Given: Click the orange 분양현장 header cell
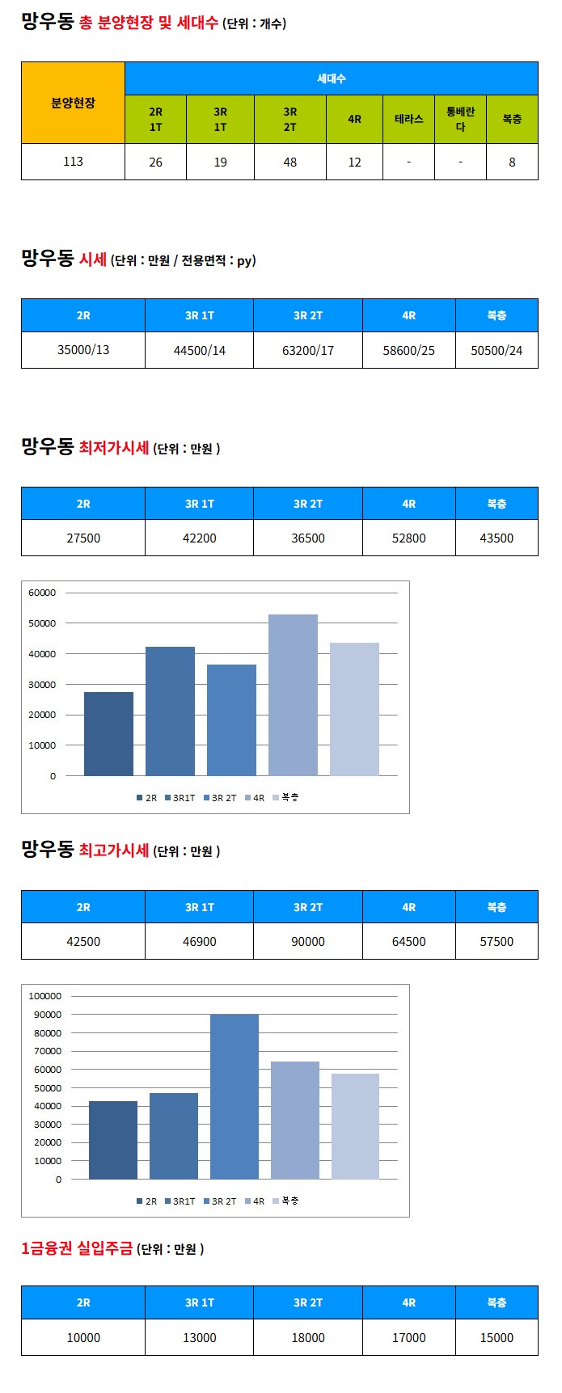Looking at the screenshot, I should point(73,103).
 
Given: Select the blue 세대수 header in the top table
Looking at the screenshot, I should point(331,78).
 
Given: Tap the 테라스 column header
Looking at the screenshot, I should point(408,119).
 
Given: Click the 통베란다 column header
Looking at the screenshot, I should point(460,119).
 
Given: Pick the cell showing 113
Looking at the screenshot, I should point(73,162).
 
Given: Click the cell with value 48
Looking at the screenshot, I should point(289,162).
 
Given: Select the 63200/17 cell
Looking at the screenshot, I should point(307,350).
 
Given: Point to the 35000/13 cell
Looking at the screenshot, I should point(83,350).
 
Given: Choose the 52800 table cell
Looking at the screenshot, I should point(408,538).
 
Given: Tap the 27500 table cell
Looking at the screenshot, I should point(83,538).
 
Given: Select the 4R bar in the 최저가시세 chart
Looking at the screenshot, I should point(293,695).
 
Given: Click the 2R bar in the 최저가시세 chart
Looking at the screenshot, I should point(108,734).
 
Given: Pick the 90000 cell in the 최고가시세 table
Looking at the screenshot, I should point(307,941).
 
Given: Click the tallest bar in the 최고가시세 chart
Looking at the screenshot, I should point(235,1096).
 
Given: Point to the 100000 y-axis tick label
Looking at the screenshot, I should point(45,996).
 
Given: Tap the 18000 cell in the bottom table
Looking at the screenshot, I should point(307,1338).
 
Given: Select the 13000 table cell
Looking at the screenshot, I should point(199,1338).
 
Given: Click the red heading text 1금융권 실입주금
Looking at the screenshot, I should point(77,1248).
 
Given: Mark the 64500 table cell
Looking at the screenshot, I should point(408,941).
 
